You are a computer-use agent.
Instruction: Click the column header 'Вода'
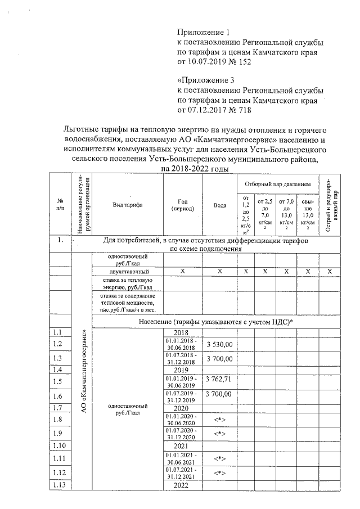click(x=220, y=205)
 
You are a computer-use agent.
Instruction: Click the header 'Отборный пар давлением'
click(x=277, y=184)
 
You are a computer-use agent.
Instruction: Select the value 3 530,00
click(x=220, y=344)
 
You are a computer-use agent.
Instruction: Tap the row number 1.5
click(x=57, y=381)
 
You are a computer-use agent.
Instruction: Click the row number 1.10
click(x=58, y=445)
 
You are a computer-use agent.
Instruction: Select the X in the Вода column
click(x=220, y=272)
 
